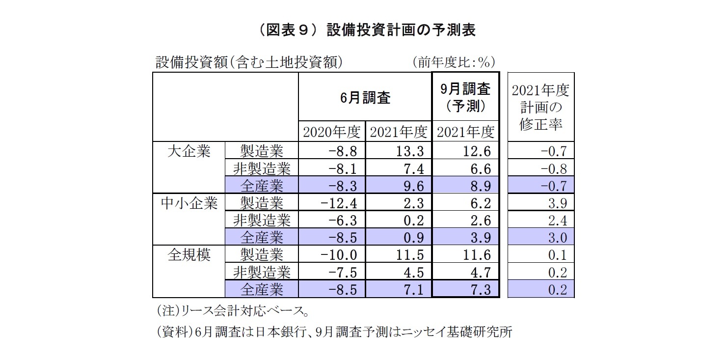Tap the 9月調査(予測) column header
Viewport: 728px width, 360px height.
click(x=465, y=97)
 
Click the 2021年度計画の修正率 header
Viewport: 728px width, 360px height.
click(x=540, y=107)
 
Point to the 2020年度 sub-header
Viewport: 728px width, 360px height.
click(x=332, y=132)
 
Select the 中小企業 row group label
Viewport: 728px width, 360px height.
click(x=189, y=203)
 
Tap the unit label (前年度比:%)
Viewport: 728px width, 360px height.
click(x=453, y=62)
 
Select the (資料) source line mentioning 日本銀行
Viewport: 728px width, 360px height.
click(x=334, y=332)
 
